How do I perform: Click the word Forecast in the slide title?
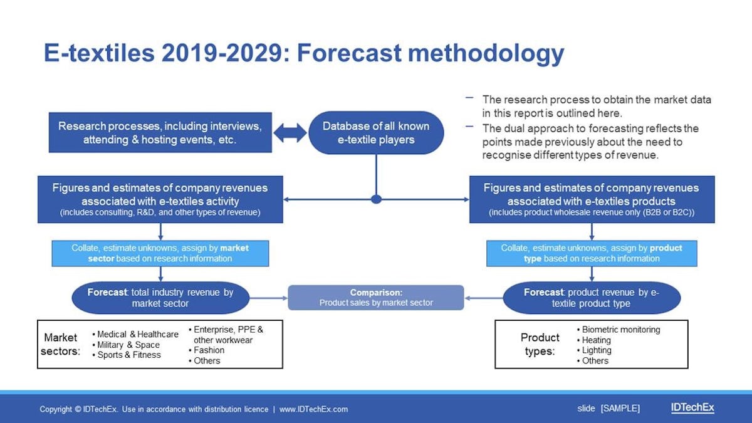tap(349, 53)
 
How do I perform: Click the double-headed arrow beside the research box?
tap(290, 133)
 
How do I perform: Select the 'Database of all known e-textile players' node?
tap(376, 133)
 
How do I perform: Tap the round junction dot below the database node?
tap(377, 199)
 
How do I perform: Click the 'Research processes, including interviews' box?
tap(160, 133)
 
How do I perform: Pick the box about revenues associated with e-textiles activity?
tap(160, 199)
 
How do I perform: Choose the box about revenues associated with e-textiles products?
tap(592, 199)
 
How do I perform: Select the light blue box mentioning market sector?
tap(160, 253)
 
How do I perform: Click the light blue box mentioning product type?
tap(592, 253)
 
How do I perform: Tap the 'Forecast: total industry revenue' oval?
tap(160, 298)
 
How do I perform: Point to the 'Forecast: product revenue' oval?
tap(592, 298)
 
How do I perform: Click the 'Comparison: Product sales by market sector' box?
tap(376, 298)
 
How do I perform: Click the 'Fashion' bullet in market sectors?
tap(206, 350)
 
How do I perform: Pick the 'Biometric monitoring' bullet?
tap(619, 330)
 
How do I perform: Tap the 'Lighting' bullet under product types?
tap(594, 350)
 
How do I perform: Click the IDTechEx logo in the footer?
tap(692, 407)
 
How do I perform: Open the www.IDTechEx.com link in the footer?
tap(313, 409)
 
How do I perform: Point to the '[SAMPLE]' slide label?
tap(620, 409)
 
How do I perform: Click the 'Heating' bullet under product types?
tap(594, 340)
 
